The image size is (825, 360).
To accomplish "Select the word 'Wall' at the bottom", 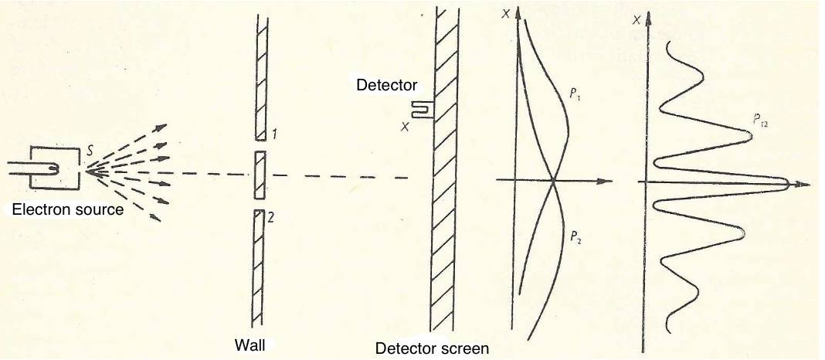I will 250,345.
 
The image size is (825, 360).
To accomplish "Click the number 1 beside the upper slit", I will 273,135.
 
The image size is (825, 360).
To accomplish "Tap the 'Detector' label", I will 387,84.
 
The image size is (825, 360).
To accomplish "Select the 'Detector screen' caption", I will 432,348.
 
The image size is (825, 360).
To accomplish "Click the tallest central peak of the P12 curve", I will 784,184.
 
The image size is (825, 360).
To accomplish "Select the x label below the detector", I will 404,127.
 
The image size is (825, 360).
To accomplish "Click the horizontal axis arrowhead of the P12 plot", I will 805,185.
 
